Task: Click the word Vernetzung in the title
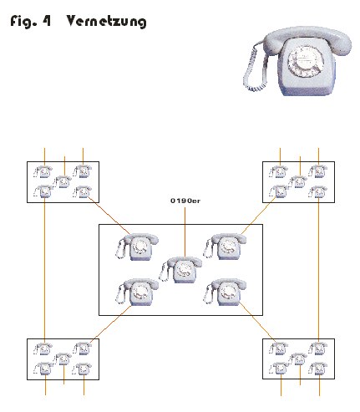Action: pyautogui.click(x=106, y=22)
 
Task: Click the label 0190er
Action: pyautogui.click(x=185, y=201)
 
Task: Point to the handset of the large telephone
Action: pyautogui.click(x=307, y=40)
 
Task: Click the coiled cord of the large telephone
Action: pyautogui.click(x=255, y=69)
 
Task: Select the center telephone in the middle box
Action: pyautogui.click(x=180, y=270)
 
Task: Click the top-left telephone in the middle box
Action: pyautogui.click(x=137, y=247)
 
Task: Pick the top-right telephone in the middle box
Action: pyautogui.click(x=225, y=247)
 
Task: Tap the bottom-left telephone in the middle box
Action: pyautogui.click(x=137, y=292)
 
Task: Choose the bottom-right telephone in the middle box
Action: pyautogui.click(x=225, y=292)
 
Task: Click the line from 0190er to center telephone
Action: pyautogui.click(x=185, y=232)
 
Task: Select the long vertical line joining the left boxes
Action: pyautogui.click(x=44, y=270)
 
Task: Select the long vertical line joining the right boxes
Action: pyautogui.click(x=318, y=270)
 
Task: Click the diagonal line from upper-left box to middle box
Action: pyautogui.click(x=109, y=216)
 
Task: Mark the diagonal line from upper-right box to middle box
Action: pyautogui.click(x=258, y=216)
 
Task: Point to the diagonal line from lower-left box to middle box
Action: pyautogui.click(x=111, y=324)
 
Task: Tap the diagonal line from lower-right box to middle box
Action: pyautogui.click(x=257, y=322)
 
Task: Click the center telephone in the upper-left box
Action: pyautogui.click(x=63, y=181)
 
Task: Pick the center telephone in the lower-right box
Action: pyautogui.click(x=298, y=359)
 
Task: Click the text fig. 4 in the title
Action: pyautogui.click(x=31, y=21)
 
